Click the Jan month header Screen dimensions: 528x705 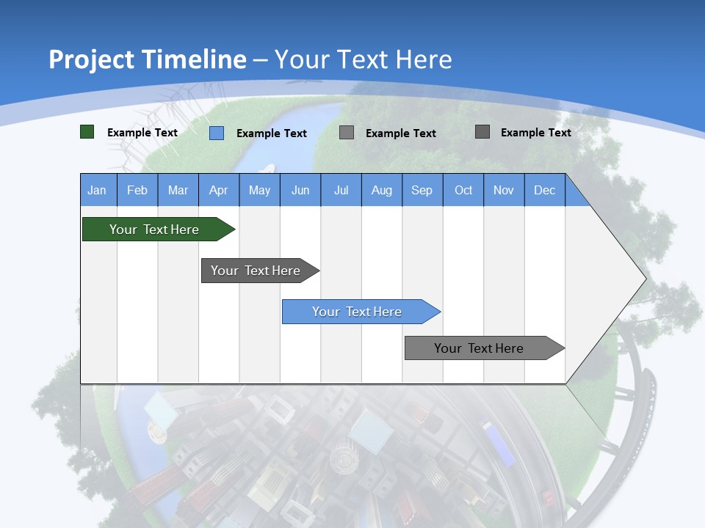click(97, 190)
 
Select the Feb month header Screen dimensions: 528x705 click(137, 190)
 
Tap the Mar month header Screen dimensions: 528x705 click(178, 190)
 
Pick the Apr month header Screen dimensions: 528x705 click(219, 190)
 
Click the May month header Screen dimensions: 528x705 click(259, 190)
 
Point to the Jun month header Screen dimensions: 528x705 click(300, 190)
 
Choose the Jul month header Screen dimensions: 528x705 click(341, 190)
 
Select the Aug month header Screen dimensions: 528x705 click(382, 190)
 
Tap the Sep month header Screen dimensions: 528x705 click(422, 190)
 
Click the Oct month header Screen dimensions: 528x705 click(463, 190)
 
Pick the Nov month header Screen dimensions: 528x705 click(504, 190)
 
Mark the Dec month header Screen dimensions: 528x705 click(545, 190)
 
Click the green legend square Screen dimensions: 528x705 click(87, 132)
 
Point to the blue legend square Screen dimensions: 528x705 click(217, 133)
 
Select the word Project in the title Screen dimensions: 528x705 click(92, 59)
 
